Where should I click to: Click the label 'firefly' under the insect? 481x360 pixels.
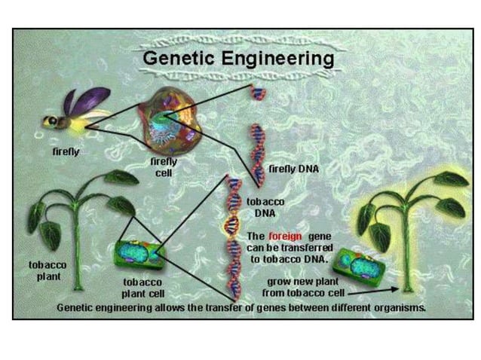(x=66, y=151)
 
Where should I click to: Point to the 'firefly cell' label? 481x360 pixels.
(x=164, y=166)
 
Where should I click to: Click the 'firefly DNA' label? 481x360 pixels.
(x=293, y=169)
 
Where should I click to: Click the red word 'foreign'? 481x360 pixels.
(x=284, y=236)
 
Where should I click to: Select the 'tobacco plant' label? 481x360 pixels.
(x=47, y=270)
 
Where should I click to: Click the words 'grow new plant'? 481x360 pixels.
(x=297, y=281)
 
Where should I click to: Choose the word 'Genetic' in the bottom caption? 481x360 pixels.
(x=75, y=307)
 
